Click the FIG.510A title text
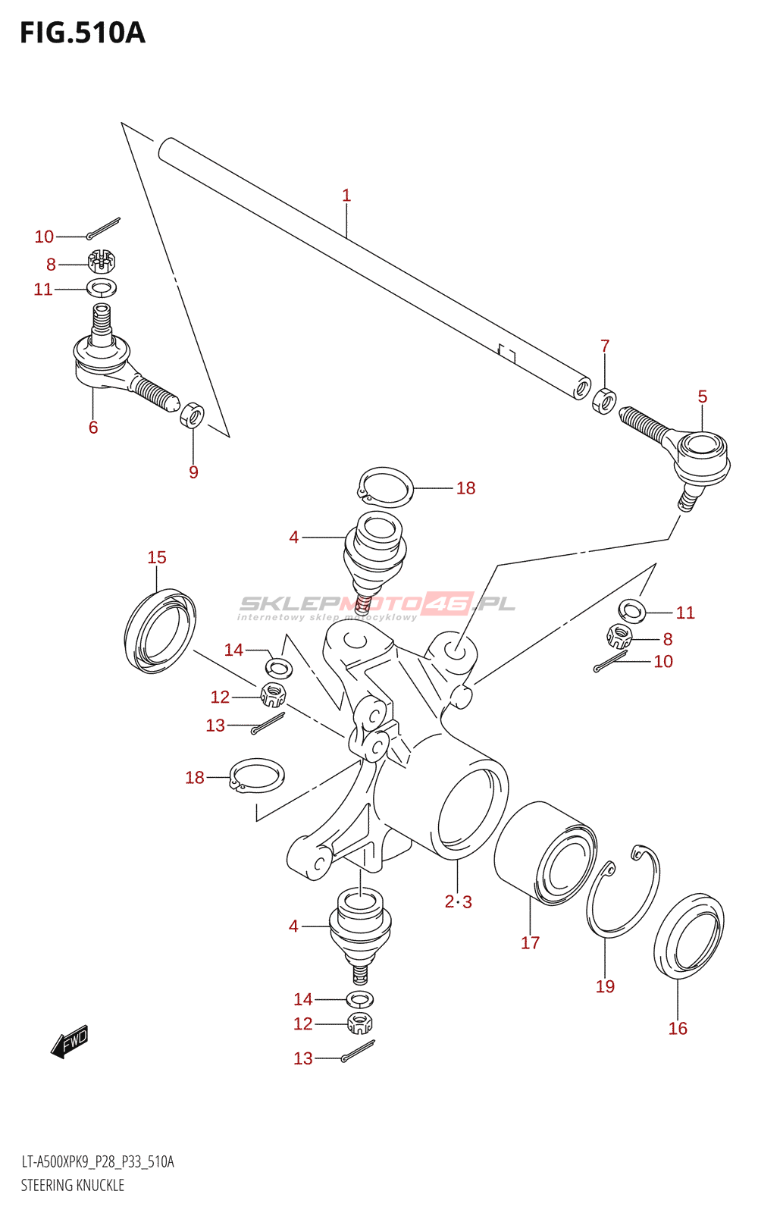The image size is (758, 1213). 82,33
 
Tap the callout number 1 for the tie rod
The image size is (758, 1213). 346,196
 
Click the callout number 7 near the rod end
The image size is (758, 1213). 605,346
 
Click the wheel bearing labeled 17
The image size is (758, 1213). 546,853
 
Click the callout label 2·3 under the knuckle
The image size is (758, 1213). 459,901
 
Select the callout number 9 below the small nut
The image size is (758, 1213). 193,472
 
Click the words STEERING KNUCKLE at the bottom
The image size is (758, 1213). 73,1185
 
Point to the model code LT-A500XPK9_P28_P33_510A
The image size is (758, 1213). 98,1162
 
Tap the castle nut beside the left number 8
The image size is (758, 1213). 101,262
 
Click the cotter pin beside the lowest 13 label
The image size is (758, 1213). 357,1052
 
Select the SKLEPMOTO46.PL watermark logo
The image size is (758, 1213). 377,605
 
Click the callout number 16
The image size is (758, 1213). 678,1028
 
